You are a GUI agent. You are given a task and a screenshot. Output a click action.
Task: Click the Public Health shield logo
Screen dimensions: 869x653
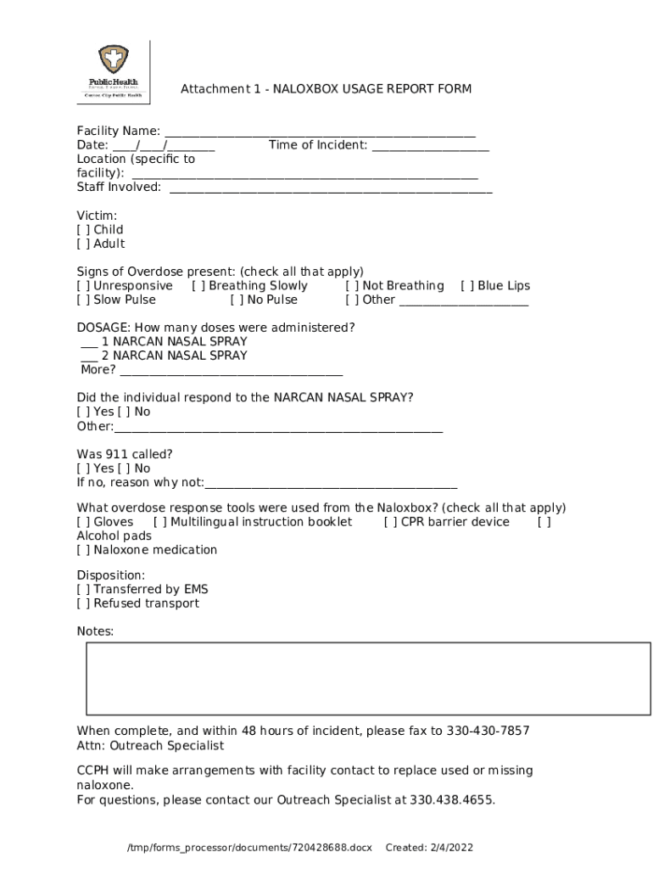[x=112, y=61]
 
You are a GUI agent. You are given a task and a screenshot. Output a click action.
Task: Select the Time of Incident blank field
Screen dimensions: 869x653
[x=430, y=146]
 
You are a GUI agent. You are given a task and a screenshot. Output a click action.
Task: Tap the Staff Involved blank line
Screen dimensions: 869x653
[x=331, y=188]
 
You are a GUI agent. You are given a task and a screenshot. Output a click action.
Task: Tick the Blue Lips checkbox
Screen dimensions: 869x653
[x=467, y=286]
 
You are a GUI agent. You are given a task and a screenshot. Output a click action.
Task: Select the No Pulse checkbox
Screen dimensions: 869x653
[x=237, y=300]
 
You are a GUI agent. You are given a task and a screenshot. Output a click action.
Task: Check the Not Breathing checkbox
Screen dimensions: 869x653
[x=352, y=286]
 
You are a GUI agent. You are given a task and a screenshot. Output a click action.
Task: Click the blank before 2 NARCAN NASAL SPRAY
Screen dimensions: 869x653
[x=89, y=356]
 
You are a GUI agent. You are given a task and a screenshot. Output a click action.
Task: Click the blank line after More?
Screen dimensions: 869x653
[x=231, y=371]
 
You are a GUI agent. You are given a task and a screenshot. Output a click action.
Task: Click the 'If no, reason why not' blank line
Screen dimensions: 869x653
[x=331, y=484]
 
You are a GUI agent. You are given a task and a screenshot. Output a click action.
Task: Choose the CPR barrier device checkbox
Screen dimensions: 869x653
[x=391, y=522]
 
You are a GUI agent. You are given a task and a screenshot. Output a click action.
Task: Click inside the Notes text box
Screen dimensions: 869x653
[x=367, y=678]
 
